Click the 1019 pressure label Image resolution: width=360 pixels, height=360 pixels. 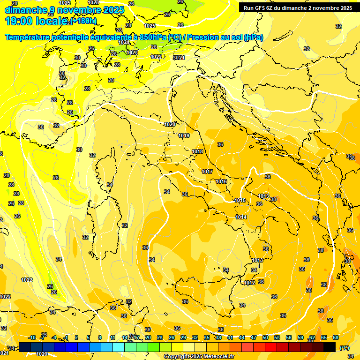(184, 135)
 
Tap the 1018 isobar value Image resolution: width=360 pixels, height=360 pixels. (197, 151)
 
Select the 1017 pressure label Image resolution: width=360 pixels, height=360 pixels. (207, 172)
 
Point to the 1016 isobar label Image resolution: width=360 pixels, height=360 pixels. (221, 181)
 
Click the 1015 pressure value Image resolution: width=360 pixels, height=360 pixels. (240, 200)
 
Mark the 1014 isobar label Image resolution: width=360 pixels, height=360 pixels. (241, 217)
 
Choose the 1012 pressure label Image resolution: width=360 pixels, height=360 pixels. (249, 283)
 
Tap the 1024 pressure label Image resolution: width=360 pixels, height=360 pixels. (123, 42)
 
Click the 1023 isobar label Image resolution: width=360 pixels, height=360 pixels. (132, 53)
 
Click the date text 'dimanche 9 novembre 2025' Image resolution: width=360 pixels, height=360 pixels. (64, 10)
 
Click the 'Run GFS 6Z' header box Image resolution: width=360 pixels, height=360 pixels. (298, 7)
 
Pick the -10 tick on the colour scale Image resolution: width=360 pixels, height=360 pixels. (32, 337)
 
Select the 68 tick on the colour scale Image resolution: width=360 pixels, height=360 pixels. (336, 337)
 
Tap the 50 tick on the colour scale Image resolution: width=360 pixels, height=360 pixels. (265, 337)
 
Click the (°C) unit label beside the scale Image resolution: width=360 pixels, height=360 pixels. (344, 348)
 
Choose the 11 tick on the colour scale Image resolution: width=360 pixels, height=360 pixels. (112, 337)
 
